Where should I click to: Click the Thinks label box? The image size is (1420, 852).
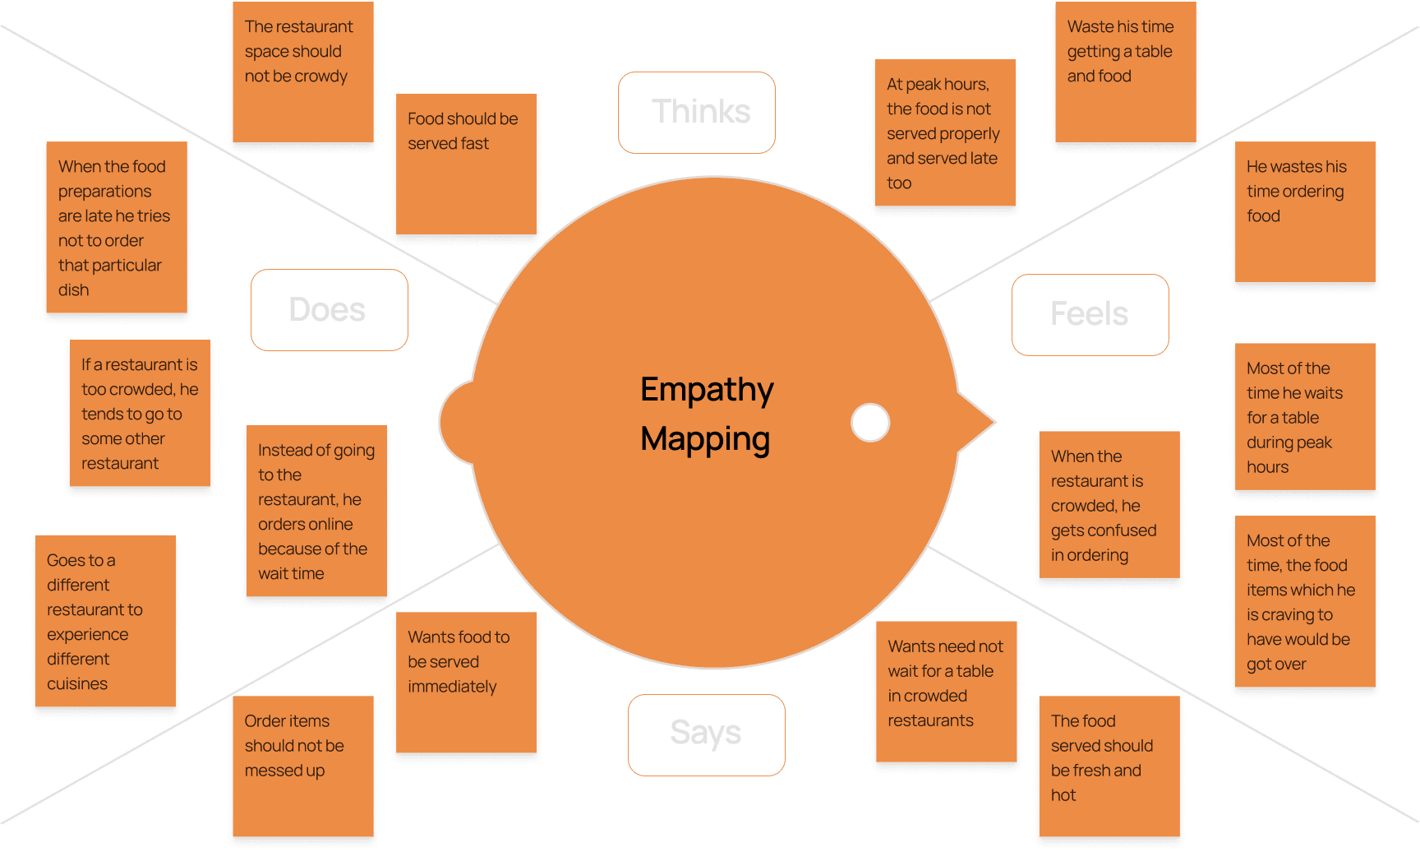697,112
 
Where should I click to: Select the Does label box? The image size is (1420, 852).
329,310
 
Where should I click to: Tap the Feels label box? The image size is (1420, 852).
1090,314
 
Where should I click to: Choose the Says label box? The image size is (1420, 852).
706,734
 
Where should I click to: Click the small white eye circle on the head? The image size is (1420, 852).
870,423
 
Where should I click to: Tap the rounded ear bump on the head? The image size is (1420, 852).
457,423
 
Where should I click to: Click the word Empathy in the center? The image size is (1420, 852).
707,389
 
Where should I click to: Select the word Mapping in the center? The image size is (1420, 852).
705,438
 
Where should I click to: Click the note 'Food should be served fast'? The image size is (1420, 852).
466,164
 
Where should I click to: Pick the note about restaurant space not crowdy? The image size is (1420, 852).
303,72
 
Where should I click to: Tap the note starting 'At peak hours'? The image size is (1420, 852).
945,133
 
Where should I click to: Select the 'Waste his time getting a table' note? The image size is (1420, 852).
1125,72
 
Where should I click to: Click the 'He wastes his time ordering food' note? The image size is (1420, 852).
1305,212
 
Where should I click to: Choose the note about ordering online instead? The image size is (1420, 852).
316,511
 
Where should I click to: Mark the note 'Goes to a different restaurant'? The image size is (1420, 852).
105,621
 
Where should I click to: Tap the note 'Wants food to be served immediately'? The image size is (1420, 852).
466,683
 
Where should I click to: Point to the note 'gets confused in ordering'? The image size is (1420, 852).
1109,505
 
